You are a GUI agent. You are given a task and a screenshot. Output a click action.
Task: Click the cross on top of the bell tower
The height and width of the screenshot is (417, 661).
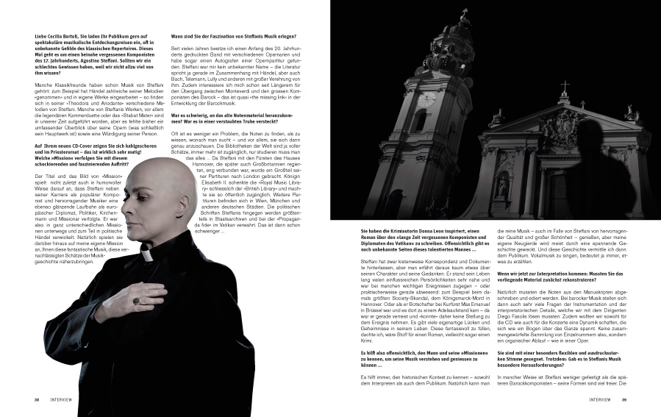464,15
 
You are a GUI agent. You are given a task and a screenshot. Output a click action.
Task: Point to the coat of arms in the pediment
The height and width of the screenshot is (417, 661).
565,128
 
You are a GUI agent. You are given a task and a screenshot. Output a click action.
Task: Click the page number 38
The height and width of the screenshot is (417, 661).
37,400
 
